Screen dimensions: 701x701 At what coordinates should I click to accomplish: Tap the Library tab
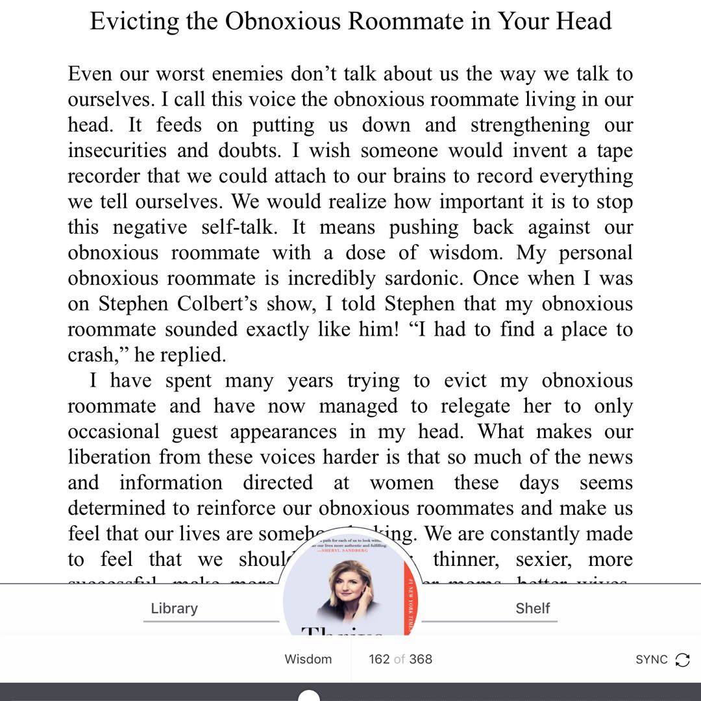click(174, 608)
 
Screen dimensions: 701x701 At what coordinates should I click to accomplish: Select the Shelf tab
click(532, 608)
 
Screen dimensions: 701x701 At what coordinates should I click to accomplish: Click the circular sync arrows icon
click(682, 659)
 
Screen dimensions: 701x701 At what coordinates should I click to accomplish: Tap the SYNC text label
click(651, 659)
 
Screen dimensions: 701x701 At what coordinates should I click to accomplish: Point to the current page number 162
click(379, 659)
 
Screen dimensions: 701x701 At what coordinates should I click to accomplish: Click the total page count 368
click(421, 659)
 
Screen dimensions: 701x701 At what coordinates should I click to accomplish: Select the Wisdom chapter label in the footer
click(308, 659)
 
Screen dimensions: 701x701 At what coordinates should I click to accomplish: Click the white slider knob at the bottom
click(309, 696)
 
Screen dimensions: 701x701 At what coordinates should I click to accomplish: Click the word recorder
click(104, 177)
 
